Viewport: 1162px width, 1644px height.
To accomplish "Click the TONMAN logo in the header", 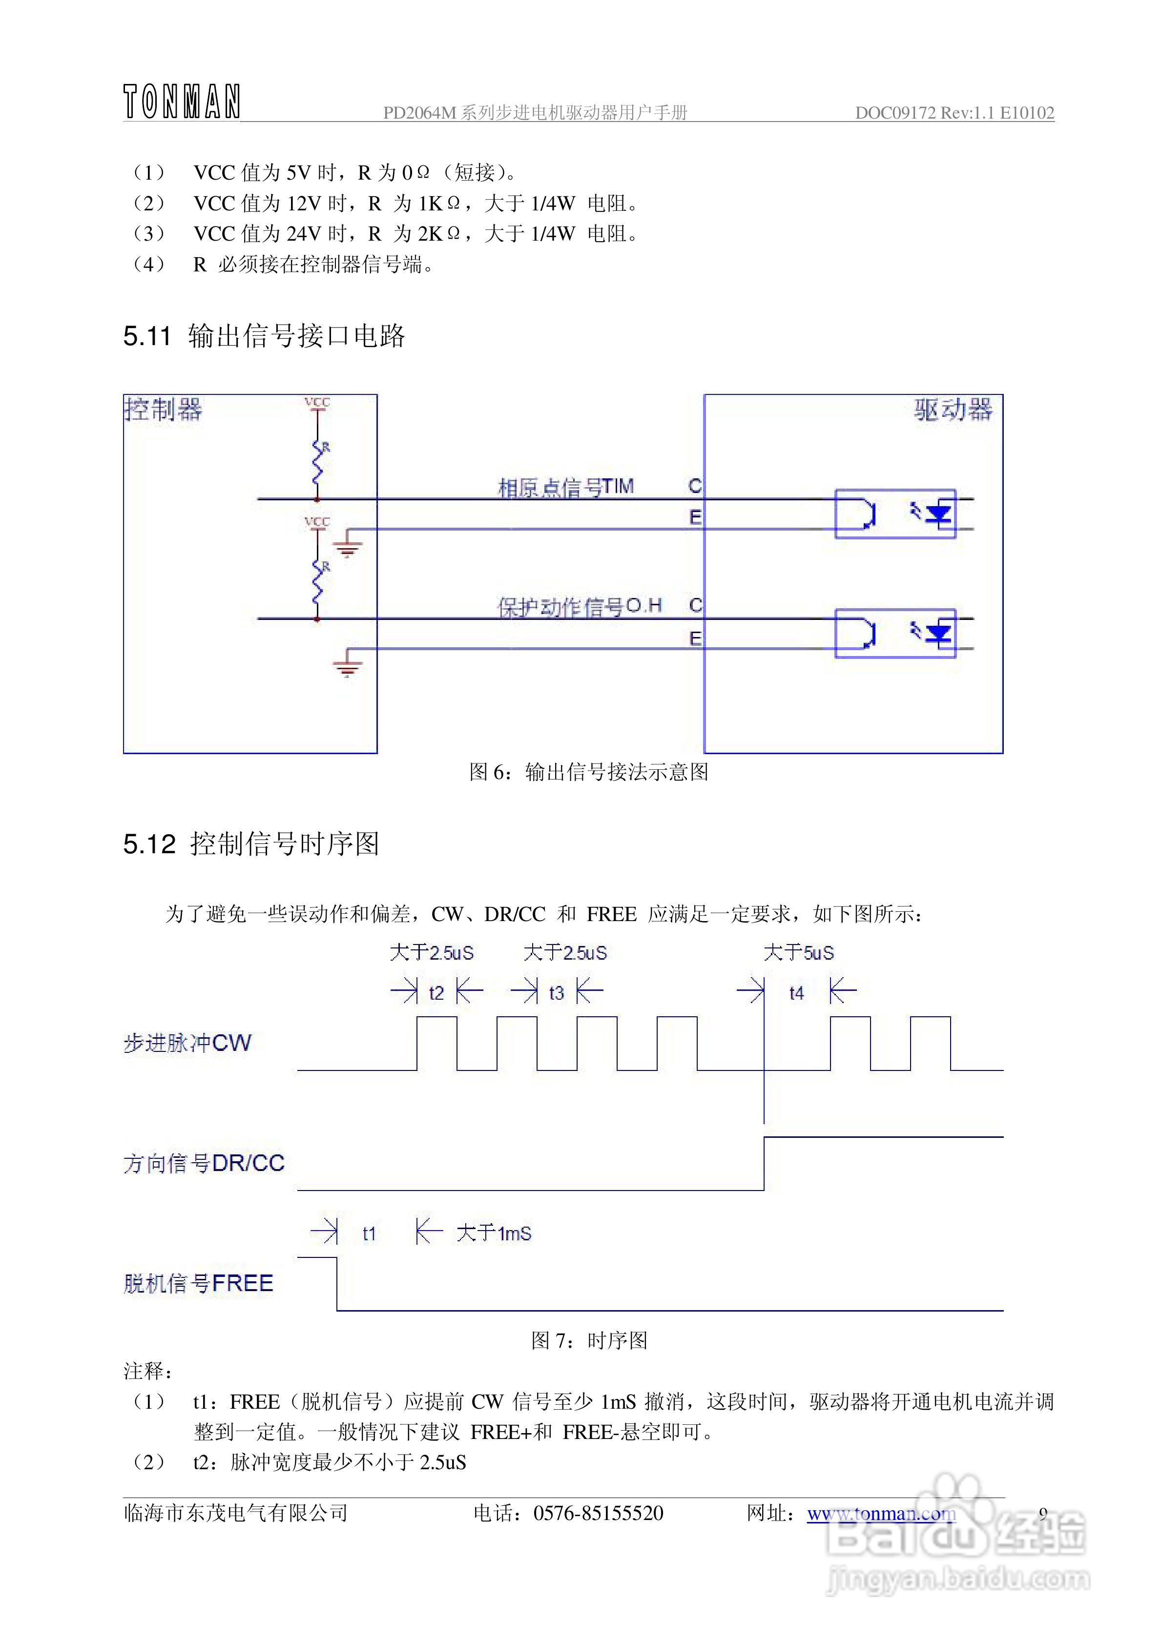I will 181,102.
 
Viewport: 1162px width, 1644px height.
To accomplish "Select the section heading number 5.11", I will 147,336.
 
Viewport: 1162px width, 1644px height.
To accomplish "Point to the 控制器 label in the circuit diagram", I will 164,411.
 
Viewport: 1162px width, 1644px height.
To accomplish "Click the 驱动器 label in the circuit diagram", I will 953,411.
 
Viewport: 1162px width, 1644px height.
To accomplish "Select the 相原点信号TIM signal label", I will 565,488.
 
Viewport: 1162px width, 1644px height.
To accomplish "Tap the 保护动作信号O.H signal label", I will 579,607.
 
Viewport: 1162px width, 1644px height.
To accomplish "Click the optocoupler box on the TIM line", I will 895,514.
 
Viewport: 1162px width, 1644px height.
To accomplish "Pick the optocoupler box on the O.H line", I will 895,633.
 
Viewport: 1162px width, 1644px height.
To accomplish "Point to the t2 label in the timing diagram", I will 436,993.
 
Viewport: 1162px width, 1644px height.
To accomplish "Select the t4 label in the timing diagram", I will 797,993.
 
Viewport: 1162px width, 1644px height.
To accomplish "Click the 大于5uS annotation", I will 799,953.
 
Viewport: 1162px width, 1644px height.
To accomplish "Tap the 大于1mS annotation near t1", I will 494,1233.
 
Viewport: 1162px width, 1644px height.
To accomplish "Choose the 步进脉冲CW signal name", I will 187,1043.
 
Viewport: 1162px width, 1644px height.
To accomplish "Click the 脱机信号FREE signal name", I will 198,1283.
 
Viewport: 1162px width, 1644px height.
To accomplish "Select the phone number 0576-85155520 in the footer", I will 598,1513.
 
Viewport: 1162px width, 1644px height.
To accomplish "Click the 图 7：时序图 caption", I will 589,1340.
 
